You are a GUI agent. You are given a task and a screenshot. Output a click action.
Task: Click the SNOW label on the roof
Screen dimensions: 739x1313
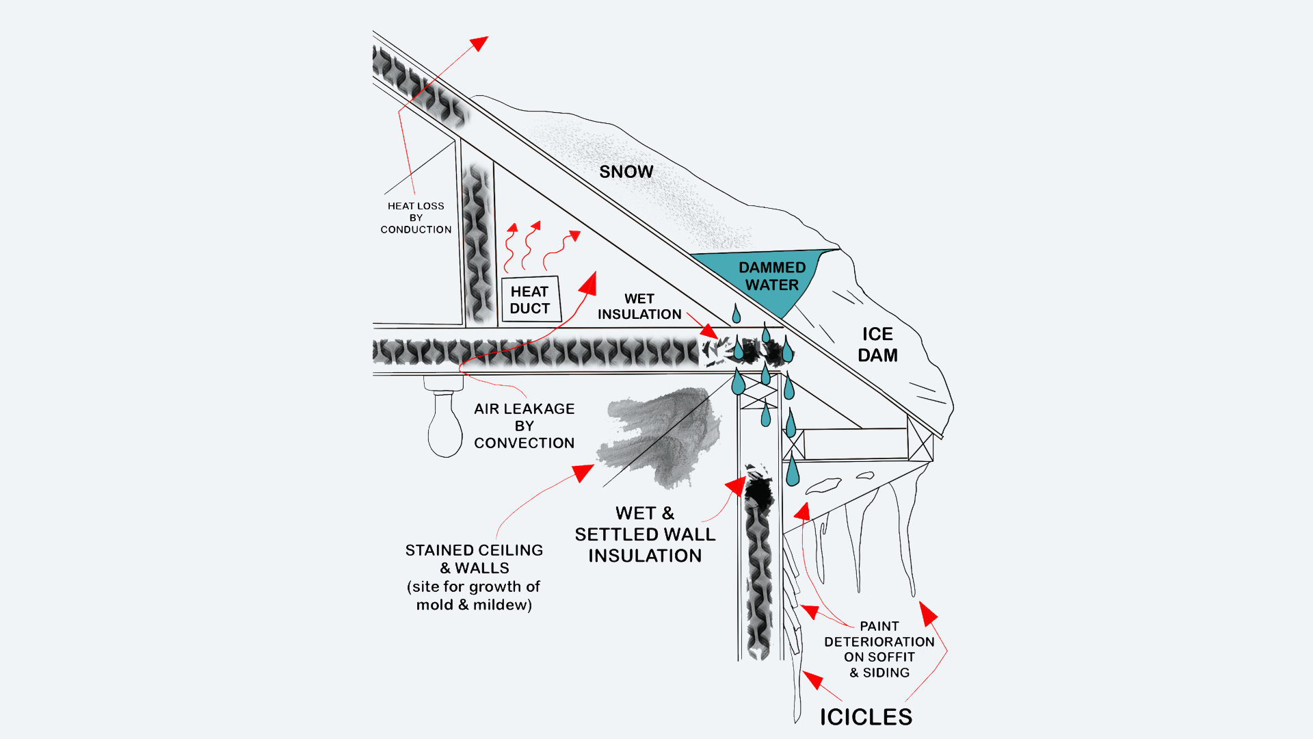[626, 172]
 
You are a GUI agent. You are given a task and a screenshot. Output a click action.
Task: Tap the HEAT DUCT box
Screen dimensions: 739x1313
[531, 300]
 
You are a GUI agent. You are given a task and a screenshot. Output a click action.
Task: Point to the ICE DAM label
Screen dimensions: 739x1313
[877, 344]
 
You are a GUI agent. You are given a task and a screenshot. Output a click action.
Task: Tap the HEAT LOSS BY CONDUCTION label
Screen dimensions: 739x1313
[416, 218]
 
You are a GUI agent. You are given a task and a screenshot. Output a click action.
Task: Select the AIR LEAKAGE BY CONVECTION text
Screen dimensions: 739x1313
[524, 426]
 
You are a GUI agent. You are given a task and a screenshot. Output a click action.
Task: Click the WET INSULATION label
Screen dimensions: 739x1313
[639, 307]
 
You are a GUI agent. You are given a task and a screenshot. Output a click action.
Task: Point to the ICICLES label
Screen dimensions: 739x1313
[866, 716]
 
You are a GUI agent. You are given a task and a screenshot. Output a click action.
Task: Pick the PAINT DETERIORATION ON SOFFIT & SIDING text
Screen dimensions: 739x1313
[879, 649]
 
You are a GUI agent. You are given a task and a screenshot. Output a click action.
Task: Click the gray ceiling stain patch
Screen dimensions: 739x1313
[660, 435]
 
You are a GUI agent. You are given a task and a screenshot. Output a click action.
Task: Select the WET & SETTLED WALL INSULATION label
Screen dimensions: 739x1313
[645, 534]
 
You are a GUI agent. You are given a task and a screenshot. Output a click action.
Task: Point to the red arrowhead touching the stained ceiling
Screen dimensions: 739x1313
[583, 472]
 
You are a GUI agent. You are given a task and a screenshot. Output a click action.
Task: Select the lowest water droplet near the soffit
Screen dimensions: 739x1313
[793, 471]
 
